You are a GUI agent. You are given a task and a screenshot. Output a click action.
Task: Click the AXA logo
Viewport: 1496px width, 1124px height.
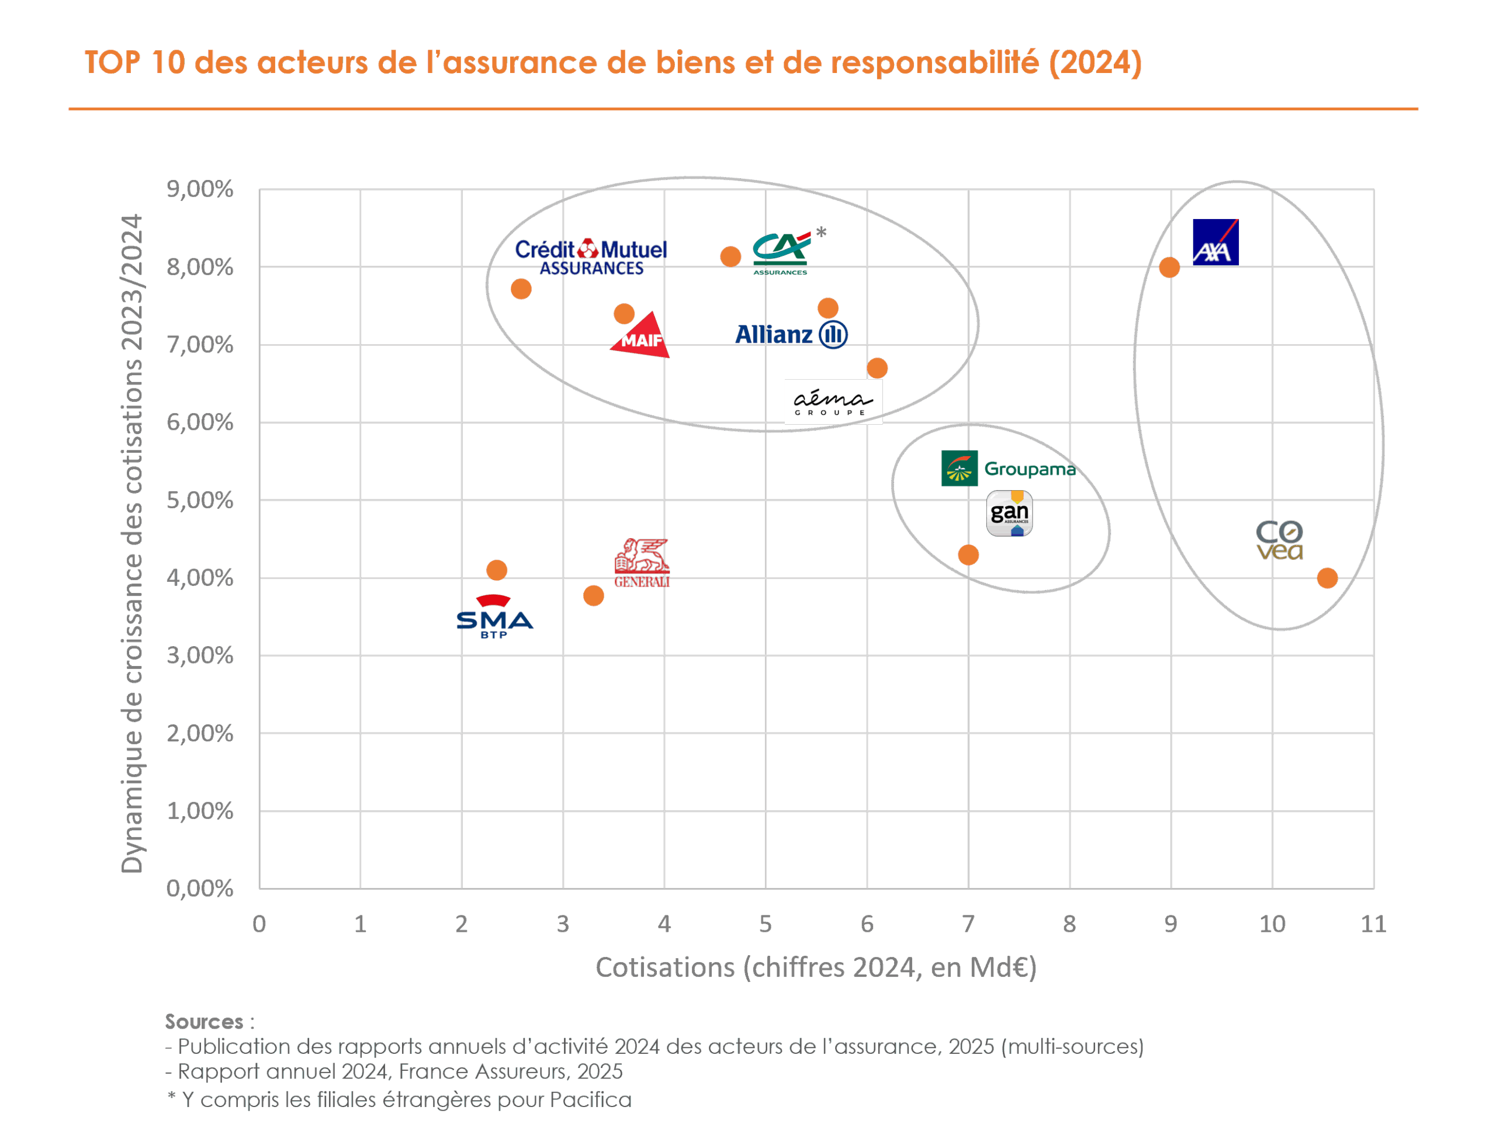(x=1215, y=242)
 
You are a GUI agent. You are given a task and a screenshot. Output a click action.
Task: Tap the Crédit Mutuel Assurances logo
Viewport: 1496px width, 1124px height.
(x=590, y=258)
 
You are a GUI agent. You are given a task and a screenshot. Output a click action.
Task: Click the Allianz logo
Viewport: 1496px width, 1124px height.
(x=791, y=334)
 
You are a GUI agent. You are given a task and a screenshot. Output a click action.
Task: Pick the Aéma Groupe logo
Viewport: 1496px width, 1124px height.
(x=833, y=402)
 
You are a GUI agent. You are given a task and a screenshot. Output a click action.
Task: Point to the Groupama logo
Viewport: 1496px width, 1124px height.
(x=1007, y=468)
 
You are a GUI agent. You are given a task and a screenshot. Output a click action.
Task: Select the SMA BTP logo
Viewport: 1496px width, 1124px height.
(x=495, y=617)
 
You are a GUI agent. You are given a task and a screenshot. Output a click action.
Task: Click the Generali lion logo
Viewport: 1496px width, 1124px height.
(x=642, y=563)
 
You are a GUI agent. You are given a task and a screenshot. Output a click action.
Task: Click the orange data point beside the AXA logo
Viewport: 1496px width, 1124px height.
(x=1169, y=268)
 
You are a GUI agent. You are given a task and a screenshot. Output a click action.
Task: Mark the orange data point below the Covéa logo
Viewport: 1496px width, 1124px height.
(x=1327, y=578)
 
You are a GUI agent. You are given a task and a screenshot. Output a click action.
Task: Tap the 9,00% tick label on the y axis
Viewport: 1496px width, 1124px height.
(x=200, y=189)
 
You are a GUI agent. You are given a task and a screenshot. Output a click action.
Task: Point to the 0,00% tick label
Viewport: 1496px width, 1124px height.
(x=200, y=889)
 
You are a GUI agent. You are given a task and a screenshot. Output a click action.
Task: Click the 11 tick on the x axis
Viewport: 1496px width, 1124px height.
(x=1373, y=924)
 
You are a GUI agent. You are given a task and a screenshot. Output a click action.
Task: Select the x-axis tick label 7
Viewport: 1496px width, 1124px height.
(x=968, y=924)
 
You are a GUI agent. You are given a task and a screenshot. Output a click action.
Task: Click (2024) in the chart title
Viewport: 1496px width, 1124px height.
(x=1095, y=63)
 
